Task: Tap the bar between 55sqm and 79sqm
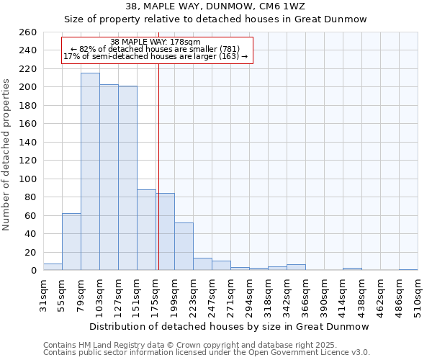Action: coord(71,242)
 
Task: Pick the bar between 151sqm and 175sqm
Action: coord(146,230)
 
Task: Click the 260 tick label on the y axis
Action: coord(28,32)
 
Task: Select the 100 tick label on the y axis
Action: coord(28,179)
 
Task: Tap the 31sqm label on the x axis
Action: coord(43,294)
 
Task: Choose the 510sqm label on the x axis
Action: coord(418,294)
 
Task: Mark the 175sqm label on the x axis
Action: coord(156,294)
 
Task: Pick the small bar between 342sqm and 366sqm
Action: coord(296,267)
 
